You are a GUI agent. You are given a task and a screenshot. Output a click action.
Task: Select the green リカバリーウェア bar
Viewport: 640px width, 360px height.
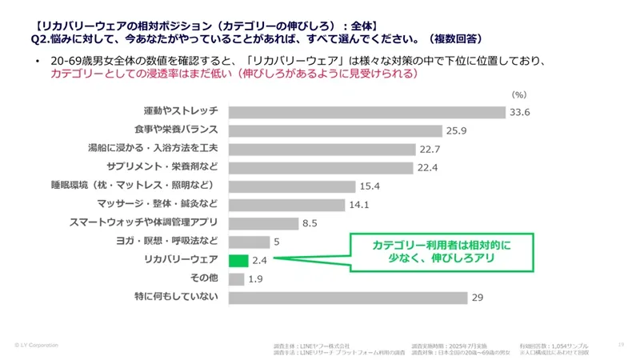pos(238,261)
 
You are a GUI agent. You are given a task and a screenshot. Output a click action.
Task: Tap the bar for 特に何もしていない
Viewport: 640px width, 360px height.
pos(349,298)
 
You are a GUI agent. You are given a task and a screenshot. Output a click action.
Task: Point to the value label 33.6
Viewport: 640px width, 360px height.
pos(520,112)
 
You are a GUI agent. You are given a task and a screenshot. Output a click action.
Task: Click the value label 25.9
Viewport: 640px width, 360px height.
pos(457,130)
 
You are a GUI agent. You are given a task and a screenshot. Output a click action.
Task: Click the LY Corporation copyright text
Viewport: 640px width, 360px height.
pos(37,345)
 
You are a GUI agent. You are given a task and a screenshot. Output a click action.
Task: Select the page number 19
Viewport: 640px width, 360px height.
pos(621,345)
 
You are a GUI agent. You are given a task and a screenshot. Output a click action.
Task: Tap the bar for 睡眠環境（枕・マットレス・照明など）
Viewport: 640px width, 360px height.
pos(292,186)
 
